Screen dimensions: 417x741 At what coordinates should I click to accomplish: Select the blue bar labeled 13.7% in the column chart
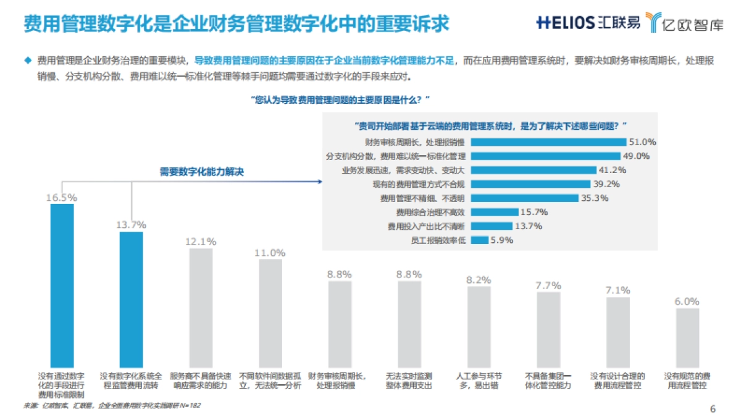(131, 300)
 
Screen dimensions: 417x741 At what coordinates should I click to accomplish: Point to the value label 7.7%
(548, 285)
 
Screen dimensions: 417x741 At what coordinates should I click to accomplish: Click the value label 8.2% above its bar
(479, 279)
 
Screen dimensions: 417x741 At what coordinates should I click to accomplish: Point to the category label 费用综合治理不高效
(430, 212)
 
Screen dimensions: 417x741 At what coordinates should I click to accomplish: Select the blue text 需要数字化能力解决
(201, 172)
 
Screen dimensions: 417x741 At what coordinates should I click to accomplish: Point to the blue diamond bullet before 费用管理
(27, 60)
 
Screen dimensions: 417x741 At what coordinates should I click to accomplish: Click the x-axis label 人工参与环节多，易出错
(479, 381)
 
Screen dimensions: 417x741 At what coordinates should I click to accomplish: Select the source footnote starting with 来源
(112, 405)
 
